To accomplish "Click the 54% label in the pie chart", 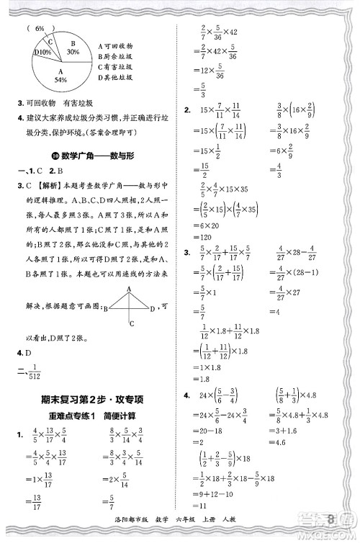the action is pyautogui.click(x=60, y=79).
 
